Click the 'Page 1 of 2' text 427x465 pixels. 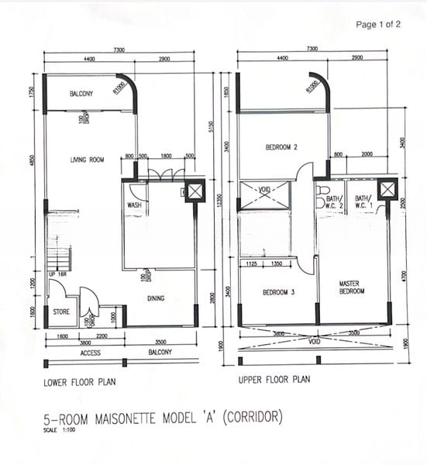point(377,25)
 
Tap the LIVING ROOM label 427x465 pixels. point(87,160)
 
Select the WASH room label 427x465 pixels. point(133,205)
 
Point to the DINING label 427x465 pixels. point(158,298)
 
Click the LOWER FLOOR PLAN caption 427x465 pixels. point(81,383)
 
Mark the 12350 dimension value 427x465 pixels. point(222,201)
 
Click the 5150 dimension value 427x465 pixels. point(210,127)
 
